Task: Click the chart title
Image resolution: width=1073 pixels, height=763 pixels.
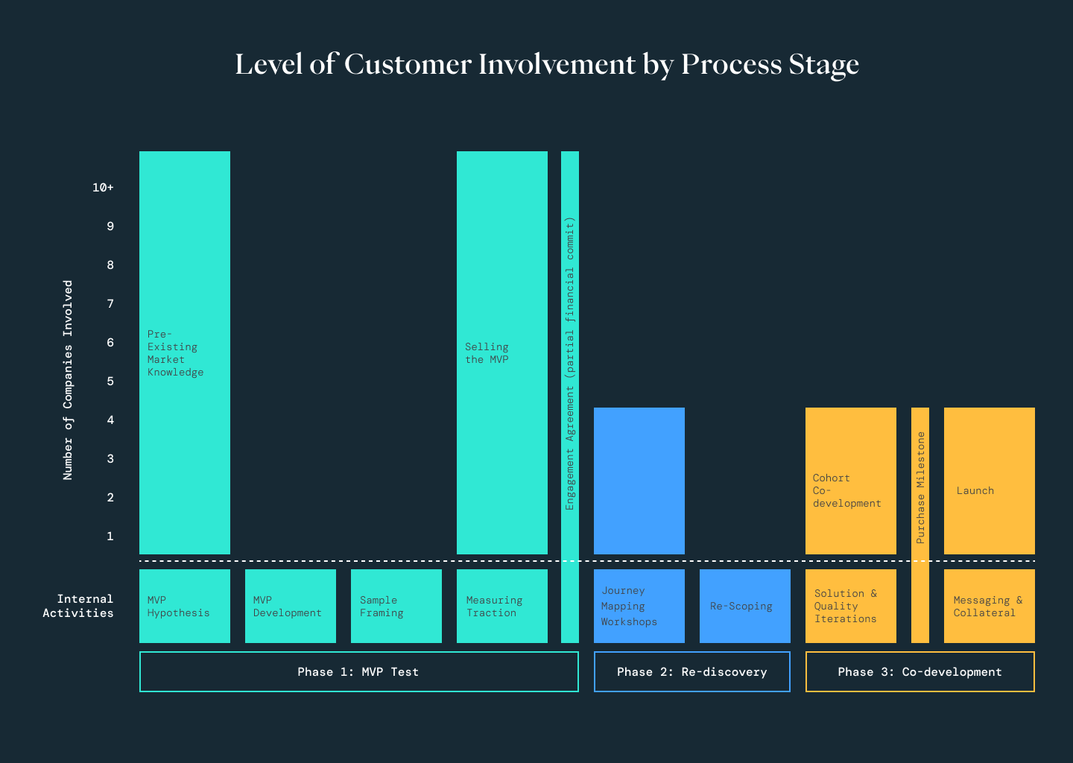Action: pyautogui.click(x=547, y=65)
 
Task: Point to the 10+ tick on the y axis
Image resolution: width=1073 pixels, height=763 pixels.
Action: pyautogui.click(x=103, y=188)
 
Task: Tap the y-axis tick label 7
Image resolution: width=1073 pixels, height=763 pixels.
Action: pyautogui.click(x=110, y=304)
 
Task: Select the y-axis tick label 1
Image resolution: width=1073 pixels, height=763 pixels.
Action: pyautogui.click(x=110, y=536)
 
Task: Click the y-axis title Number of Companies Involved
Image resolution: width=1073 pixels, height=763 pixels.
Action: pyautogui.click(x=68, y=380)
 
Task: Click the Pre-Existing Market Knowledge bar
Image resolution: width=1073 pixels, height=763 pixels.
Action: pyautogui.click(x=185, y=352)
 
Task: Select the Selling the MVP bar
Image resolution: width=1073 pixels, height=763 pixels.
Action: pyautogui.click(x=502, y=352)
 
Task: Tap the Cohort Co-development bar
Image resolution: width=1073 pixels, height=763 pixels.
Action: pyautogui.click(x=851, y=481)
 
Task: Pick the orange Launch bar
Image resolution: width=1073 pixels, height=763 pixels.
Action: pyautogui.click(x=990, y=481)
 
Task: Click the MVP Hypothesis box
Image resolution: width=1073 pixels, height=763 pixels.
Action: pyautogui.click(x=185, y=606)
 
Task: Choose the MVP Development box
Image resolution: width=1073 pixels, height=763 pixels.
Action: pyautogui.click(x=291, y=606)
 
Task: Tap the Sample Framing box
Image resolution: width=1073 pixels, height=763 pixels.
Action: pyautogui.click(x=396, y=606)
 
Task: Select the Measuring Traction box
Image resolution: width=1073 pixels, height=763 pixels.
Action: pyautogui.click(x=502, y=606)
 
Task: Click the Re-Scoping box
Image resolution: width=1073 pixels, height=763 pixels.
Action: pyautogui.click(x=745, y=606)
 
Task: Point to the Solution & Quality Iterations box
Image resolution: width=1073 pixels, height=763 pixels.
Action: pyautogui.click(x=851, y=606)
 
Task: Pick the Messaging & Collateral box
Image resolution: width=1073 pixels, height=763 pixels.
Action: pyautogui.click(x=990, y=606)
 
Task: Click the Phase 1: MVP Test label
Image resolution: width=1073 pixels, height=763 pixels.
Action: pyautogui.click(x=358, y=672)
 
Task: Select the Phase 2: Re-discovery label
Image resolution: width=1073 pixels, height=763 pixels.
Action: pyautogui.click(x=692, y=672)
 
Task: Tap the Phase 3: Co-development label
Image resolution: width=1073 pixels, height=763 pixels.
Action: pyautogui.click(x=920, y=672)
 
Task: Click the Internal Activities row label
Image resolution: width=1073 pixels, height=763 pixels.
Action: pyautogui.click(x=78, y=606)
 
